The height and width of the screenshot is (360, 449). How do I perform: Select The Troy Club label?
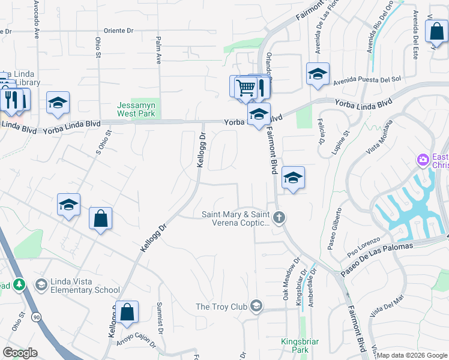tap(221, 307)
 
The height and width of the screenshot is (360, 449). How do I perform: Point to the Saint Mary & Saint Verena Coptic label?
tap(235, 218)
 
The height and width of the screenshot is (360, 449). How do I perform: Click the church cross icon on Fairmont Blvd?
tap(279, 218)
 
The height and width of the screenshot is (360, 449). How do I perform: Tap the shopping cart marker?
tap(246, 88)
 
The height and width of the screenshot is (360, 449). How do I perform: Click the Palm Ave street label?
tap(158, 52)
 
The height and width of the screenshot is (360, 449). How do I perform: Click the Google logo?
tap(20, 353)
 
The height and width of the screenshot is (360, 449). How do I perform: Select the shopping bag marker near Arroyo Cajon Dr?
tap(127, 313)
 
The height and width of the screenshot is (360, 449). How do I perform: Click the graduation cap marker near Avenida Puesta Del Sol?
tap(318, 74)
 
